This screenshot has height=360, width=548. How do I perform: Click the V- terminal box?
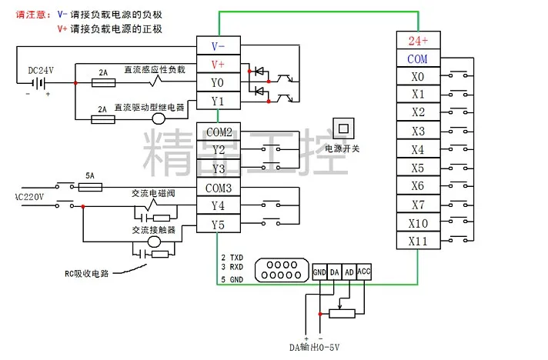pos(218,46)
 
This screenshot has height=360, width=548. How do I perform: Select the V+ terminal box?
pos(218,65)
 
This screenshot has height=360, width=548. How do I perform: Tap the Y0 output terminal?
pos(218,82)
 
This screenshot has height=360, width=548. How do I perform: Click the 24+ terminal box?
pos(418,41)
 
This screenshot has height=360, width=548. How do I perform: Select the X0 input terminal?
pos(418,77)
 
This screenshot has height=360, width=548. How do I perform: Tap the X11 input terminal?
pos(418,242)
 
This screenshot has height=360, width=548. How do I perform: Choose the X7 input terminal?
pos(418,205)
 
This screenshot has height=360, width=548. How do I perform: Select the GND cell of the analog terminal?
pos(320,272)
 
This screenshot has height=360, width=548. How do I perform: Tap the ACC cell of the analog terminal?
pos(364,272)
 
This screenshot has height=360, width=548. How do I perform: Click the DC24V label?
pos(41,70)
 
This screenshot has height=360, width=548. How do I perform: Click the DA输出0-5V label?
pos(315,348)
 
